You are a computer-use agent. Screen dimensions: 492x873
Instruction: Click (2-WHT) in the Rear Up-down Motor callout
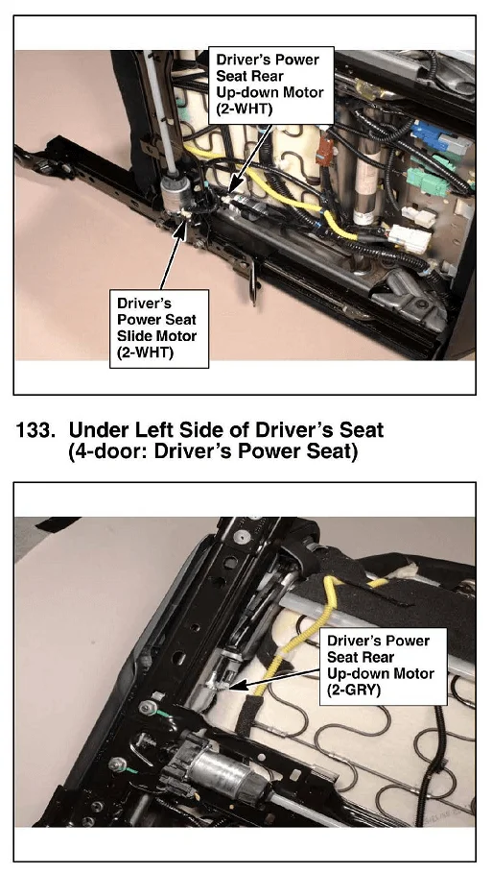click(x=245, y=109)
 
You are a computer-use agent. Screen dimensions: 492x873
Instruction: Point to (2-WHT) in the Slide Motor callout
click(x=145, y=352)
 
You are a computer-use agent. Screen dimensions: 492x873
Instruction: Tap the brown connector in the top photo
click(x=325, y=150)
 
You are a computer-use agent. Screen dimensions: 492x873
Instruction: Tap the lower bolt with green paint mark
click(x=118, y=764)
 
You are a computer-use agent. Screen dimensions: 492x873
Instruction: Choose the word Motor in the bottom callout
click(x=412, y=673)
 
